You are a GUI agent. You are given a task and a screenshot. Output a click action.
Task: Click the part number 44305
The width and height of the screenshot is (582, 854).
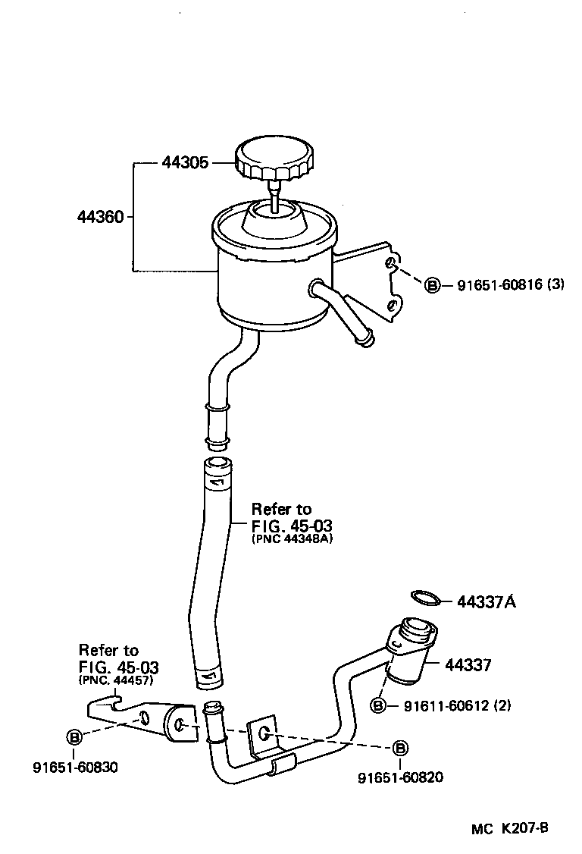coord(184,162)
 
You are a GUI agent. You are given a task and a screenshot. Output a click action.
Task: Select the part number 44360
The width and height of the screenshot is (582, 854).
coord(100,217)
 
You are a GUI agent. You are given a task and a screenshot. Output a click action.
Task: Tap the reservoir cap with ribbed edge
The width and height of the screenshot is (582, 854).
coord(273,158)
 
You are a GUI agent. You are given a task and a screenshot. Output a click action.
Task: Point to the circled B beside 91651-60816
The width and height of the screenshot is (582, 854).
coord(432,285)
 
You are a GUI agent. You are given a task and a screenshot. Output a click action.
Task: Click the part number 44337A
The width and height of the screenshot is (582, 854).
coord(486,602)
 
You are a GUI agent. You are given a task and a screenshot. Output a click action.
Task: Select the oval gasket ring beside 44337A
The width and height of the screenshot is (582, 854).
coord(426,598)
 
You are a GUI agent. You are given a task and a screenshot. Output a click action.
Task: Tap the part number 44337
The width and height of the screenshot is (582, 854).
coord(468,665)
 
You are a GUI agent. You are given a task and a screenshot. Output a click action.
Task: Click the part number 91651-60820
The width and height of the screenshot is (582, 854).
coord(401,777)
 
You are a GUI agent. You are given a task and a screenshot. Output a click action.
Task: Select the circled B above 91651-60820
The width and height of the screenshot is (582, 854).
coord(401,749)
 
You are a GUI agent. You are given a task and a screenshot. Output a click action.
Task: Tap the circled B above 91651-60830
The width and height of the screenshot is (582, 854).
coord(74,736)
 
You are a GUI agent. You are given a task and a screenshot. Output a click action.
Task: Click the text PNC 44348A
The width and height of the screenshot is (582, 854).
coord(292,538)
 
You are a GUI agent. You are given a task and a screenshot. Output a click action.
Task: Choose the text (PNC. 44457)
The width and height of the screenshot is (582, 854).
coord(116,680)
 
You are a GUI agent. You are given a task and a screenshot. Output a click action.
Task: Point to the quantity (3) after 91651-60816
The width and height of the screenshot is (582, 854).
coord(555,285)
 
